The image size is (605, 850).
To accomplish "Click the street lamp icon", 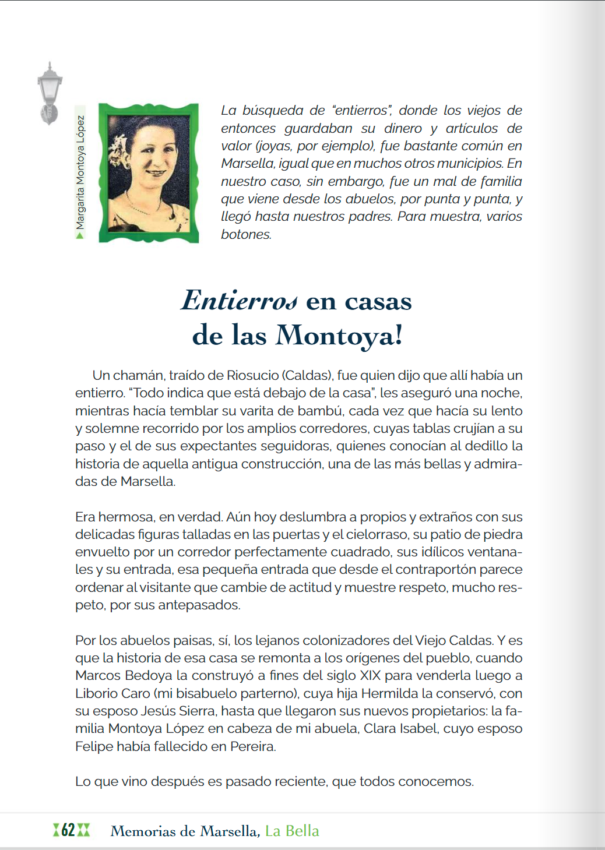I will point(49,93).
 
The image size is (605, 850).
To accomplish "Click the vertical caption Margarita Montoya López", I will point(80,172).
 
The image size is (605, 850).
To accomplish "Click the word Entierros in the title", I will point(240,301).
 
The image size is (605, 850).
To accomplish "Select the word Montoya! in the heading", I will point(339,336).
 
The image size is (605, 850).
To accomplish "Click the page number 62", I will point(68,830).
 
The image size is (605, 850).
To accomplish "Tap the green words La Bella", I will point(292,831).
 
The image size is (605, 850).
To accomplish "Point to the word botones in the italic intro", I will point(245,234).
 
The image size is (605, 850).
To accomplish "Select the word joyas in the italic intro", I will point(273,146).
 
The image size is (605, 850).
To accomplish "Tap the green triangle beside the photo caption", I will point(80,235).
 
